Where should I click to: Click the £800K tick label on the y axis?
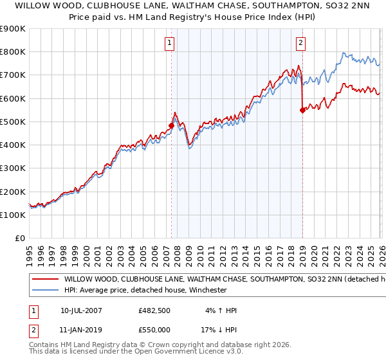(x=13, y=52)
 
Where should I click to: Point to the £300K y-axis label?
(x=13, y=168)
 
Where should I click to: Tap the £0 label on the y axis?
(x=20, y=239)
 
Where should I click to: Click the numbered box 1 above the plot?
(x=169, y=44)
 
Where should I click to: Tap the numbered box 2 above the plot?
(x=300, y=44)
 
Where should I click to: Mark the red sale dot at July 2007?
(x=172, y=126)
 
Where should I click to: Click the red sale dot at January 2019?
(x=302, y=110)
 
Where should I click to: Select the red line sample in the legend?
(x=44, y=280)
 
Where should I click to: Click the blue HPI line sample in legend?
(x=44, y=290)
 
